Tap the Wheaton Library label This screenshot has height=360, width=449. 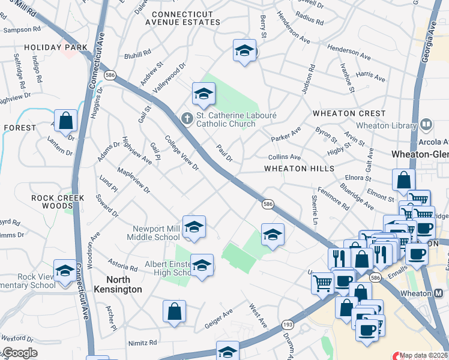[394, 125]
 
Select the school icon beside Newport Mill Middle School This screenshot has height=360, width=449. [194, 228]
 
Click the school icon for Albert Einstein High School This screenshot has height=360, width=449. [202, 265]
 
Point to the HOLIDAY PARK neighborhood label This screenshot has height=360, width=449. [56, 47]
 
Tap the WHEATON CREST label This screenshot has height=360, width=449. [349, 113]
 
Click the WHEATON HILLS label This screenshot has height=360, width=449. [300, 169]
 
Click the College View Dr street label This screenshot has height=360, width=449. [182, 155]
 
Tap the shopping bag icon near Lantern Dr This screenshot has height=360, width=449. [66, 121]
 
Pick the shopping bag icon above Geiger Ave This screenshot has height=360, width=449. [174, 311]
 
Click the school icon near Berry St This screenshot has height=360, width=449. [244, 52]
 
